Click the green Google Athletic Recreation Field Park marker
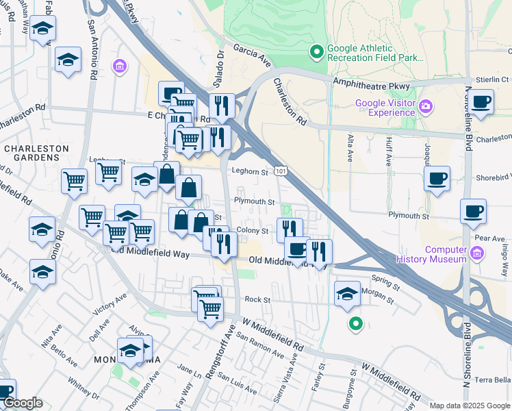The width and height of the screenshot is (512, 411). [317, 51]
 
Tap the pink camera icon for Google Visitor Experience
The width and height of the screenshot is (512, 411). [426, 106]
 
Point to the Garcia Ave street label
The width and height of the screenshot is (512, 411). [252, 55]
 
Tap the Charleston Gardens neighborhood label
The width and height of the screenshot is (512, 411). [36, 153]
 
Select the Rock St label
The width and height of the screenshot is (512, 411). [258, 299]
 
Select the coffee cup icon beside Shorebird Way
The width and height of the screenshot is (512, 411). [437, 179]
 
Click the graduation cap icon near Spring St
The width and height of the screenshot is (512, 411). [347, 294]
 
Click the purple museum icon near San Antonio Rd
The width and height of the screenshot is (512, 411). [120, 66]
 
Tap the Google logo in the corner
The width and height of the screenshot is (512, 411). [23, 403]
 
